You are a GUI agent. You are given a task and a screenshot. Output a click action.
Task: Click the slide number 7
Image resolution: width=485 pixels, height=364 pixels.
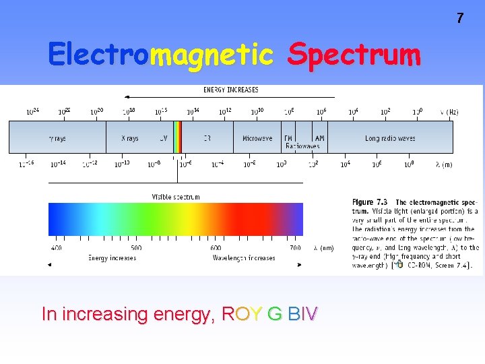[x=460, y=18]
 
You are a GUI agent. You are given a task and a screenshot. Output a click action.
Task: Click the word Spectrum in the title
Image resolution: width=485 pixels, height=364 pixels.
[x=354, y=55]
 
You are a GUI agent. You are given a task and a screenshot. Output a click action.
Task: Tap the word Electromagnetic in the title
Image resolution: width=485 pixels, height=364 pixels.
[x=160, y=55]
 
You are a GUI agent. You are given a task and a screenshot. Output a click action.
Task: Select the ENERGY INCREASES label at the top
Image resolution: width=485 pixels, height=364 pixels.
[x=231, y=90]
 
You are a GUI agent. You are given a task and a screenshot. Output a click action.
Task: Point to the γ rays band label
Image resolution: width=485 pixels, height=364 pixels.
[x=57, y=138]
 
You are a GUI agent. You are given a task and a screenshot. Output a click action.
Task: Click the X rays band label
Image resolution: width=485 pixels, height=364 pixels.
[x=129, y=138]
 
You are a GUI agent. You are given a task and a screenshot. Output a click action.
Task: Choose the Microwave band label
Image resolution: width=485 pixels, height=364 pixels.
[x=257, y=138]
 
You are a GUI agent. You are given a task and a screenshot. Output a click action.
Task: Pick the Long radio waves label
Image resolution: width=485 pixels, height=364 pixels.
[x=390, y=138]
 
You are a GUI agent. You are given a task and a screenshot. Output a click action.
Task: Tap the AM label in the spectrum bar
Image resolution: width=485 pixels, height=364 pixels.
[x=319, y=138]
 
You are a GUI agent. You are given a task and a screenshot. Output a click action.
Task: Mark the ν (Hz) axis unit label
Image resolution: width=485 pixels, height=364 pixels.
[x=449, y=112]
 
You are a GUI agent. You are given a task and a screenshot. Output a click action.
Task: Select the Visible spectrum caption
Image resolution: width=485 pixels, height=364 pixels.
[x=175, y=197]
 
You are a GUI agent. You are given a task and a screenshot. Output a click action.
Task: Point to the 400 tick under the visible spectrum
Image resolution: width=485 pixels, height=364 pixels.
[x=56, y=248]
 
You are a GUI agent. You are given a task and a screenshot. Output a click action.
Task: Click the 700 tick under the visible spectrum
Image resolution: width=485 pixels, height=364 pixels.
[x=295, y=248]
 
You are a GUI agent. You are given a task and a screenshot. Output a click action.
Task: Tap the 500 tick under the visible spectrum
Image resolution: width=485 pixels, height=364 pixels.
[x=136, y=248]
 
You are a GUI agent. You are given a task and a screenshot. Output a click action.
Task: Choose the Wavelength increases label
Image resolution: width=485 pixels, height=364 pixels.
[x=244, y=257]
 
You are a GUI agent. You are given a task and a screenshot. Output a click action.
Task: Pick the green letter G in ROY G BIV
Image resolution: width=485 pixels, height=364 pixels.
[x=274, y=314]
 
